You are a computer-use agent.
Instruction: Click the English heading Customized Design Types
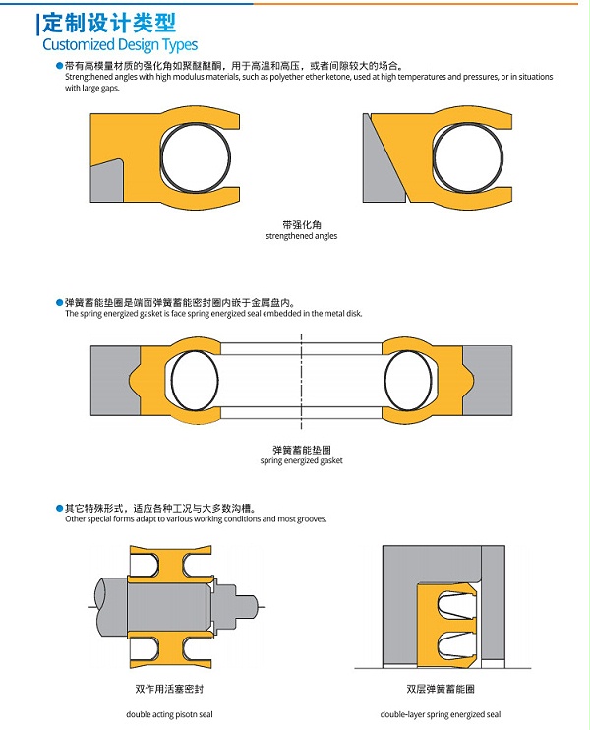[120, 44]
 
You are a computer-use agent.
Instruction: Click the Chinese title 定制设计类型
[109, 23]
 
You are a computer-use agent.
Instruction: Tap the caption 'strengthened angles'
[302, 236]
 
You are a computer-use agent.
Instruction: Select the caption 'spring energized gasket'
[302, 460]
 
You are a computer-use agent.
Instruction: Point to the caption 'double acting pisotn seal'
[169, 714]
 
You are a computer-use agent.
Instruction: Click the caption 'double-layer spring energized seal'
[441, 714]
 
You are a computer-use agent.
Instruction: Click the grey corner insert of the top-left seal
[106, 182]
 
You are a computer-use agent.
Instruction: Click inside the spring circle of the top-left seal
[196, 156]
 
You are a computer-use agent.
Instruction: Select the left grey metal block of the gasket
[114, 381]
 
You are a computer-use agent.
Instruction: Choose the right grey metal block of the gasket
[488, 381]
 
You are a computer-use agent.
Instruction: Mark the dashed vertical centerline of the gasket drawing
[302, 381]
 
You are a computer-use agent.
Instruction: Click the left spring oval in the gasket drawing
[195, 381]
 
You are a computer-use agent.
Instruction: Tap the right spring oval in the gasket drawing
[408, 381]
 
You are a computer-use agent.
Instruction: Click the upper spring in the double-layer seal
[456, 606]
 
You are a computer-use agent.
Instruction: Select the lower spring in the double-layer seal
[456, 644]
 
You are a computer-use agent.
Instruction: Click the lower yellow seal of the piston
[171, 650]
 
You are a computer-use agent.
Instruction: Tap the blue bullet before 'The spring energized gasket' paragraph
[59, 303]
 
